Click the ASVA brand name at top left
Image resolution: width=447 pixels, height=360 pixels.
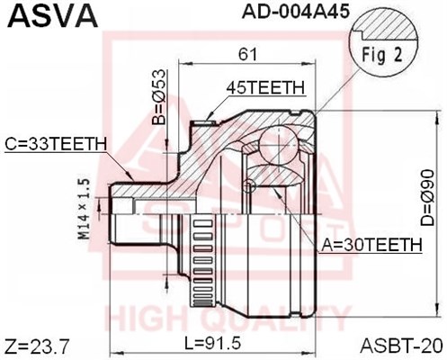pyautogui.click(x=53, y=15)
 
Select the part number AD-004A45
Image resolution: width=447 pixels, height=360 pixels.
pyautogui.click(x=296, y=11)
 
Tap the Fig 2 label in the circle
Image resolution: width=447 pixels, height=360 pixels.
pyautogui.click(x=381, y=55)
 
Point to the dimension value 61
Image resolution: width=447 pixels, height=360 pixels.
pyautogui.click(x=247, y=55)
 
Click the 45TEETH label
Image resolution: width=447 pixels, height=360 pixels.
pyautogui.click(x=265, y=87)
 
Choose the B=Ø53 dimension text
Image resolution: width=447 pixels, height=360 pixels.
pyautogui.click(x=158, y=97)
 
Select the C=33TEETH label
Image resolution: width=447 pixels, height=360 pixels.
pyautogui.click(x=56, y=144)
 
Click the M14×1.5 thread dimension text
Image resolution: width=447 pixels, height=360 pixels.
pyautogui.click(x=85, y=209)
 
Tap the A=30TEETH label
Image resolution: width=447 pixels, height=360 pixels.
pyautogui.click(x=371, y=245)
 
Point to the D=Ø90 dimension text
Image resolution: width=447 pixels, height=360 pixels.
pyautogui.click(x=427, y=198)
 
